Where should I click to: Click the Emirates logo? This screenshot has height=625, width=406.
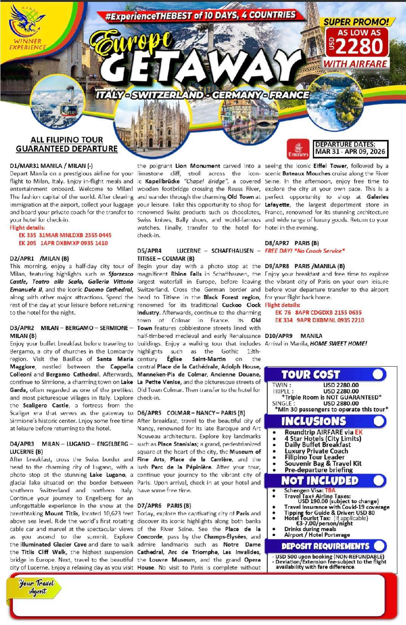(298, 148)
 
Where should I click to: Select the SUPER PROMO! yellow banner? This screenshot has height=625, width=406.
(356, 22)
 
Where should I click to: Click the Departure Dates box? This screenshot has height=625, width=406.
(350, 148)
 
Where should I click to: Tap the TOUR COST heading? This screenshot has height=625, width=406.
(311, 374)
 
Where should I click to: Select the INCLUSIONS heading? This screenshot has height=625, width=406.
(313, 421)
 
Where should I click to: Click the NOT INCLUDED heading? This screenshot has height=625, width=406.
(319, 480)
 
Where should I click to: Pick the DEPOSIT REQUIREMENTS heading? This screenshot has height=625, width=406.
(325, 546)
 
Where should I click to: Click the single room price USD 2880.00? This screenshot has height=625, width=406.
(341, 403)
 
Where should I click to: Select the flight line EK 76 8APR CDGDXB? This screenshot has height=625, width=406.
(318, 312)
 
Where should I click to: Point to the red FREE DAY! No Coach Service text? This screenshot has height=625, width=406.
(305, 251)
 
